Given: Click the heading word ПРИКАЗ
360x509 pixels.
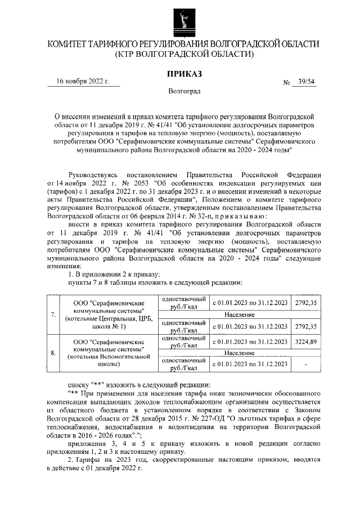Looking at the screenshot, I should pyautogui.click(x=184, y=74).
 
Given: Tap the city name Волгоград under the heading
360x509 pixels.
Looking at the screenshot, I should pyautogui.click(x=184, y=91).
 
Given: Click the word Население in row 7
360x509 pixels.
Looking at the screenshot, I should pyautogui.click(x=239, y=314).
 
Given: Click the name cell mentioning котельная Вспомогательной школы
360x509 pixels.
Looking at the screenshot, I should pyautogui.click(x=109, y=353).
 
